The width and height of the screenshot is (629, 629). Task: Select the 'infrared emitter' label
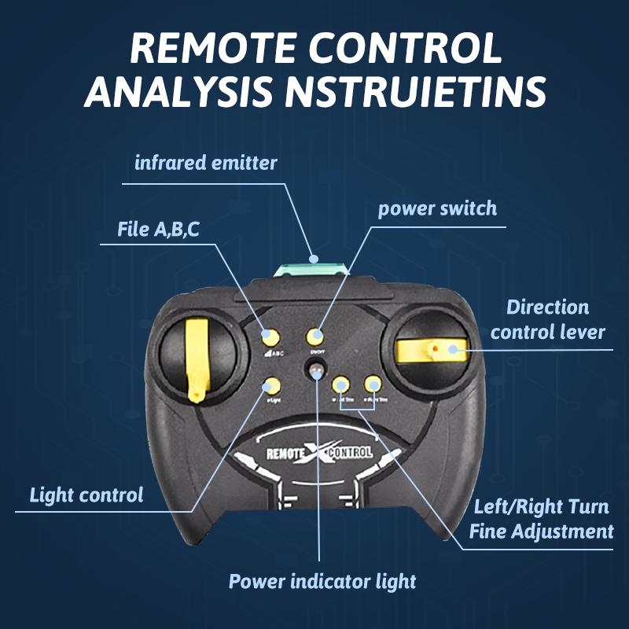pyautogui.click(x=206, y=164)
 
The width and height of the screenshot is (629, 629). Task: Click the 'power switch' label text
pyautogui.click(x=437, y=208)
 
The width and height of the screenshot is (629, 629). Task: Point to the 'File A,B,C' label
pyautogui.click(x=157, y=229)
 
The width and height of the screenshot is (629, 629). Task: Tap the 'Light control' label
pyautogui.click(x=86, y=495)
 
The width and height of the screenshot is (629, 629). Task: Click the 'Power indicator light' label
pyautogui.click(x=322, y=582)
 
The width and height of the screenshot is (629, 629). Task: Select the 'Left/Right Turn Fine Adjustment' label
pyautogui.click(x=541, y=519)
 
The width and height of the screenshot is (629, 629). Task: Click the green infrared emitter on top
pyautogui.click(x=313, y=270)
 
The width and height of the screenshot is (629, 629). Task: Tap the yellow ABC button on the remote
pyautogui.click(x=270, y=337)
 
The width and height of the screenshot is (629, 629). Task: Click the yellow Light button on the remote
pyautogui.click(x=272, y=385)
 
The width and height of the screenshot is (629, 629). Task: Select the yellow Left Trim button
pyautogui.click(x=341, y=384)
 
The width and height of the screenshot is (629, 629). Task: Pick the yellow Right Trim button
pyautogui.click(x=373, y=384)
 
